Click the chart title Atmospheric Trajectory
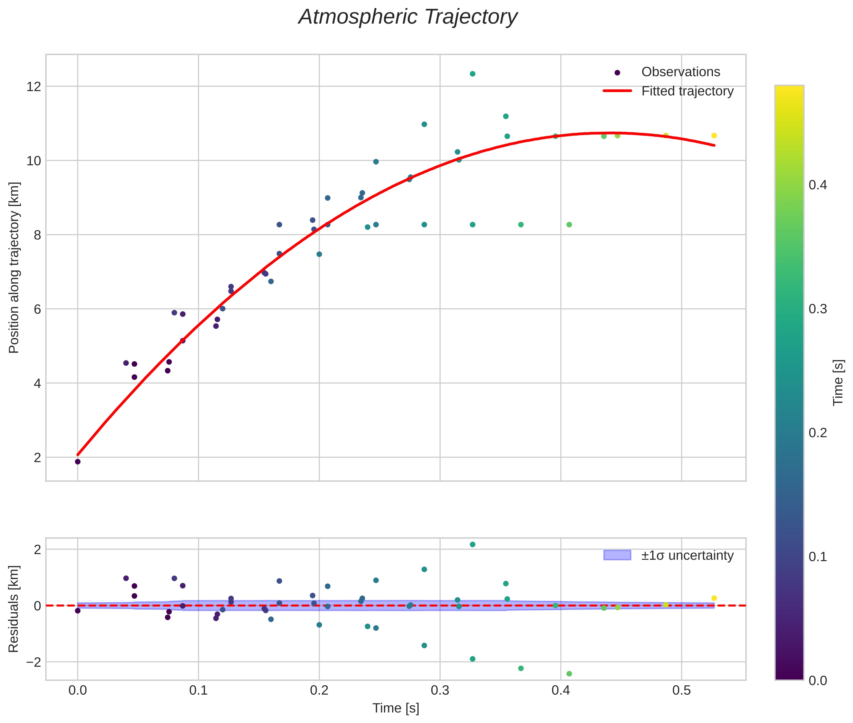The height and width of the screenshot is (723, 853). click(x=408, y=17)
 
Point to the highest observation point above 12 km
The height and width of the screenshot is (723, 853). click(x=472, y=74)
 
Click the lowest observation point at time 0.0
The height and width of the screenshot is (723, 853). click(x=78, y=462)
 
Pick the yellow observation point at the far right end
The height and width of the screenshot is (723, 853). click(x=714, y=136)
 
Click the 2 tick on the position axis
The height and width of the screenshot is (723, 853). click(x=37, y=457)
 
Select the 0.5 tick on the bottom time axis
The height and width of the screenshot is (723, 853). click(x=681, y=690)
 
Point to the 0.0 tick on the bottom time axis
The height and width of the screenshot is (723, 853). click(x=78, y=690)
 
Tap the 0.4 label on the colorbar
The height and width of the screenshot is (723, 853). click(x=817, y=185)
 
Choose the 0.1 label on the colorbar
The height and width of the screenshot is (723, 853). click(x=817, y=557)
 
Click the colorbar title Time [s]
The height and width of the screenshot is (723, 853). click(x=838, y=382)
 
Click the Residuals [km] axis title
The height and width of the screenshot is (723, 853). click(x=14, y=609)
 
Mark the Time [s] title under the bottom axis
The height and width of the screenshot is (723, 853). click(x=396, y=708)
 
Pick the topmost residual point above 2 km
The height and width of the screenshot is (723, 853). click(x=472, y=544)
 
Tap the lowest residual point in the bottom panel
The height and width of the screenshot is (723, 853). click(x=569, y=673)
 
